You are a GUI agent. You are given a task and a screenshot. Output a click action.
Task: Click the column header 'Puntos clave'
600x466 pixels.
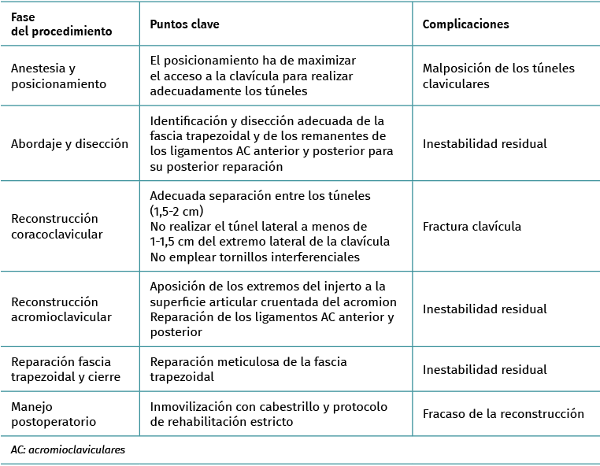coord(184,24)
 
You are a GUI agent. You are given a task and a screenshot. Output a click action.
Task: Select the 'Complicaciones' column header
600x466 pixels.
coord(465,24)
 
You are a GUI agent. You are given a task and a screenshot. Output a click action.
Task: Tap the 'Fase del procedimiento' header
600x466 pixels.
coord(61,24)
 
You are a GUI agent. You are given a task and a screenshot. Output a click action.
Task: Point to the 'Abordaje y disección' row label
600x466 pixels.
coord(69,144)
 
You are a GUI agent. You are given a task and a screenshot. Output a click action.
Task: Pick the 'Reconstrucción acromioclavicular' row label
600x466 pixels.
coord(61,309)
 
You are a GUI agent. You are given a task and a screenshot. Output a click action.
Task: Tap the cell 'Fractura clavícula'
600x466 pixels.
coord(472,227)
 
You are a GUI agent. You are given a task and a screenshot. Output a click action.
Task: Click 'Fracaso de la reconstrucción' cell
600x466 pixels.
coord(503,413)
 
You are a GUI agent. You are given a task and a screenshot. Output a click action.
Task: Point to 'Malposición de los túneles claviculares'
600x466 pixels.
coord(498,76)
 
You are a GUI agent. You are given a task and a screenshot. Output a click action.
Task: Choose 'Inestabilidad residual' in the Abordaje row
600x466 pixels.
coord(484,144)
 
